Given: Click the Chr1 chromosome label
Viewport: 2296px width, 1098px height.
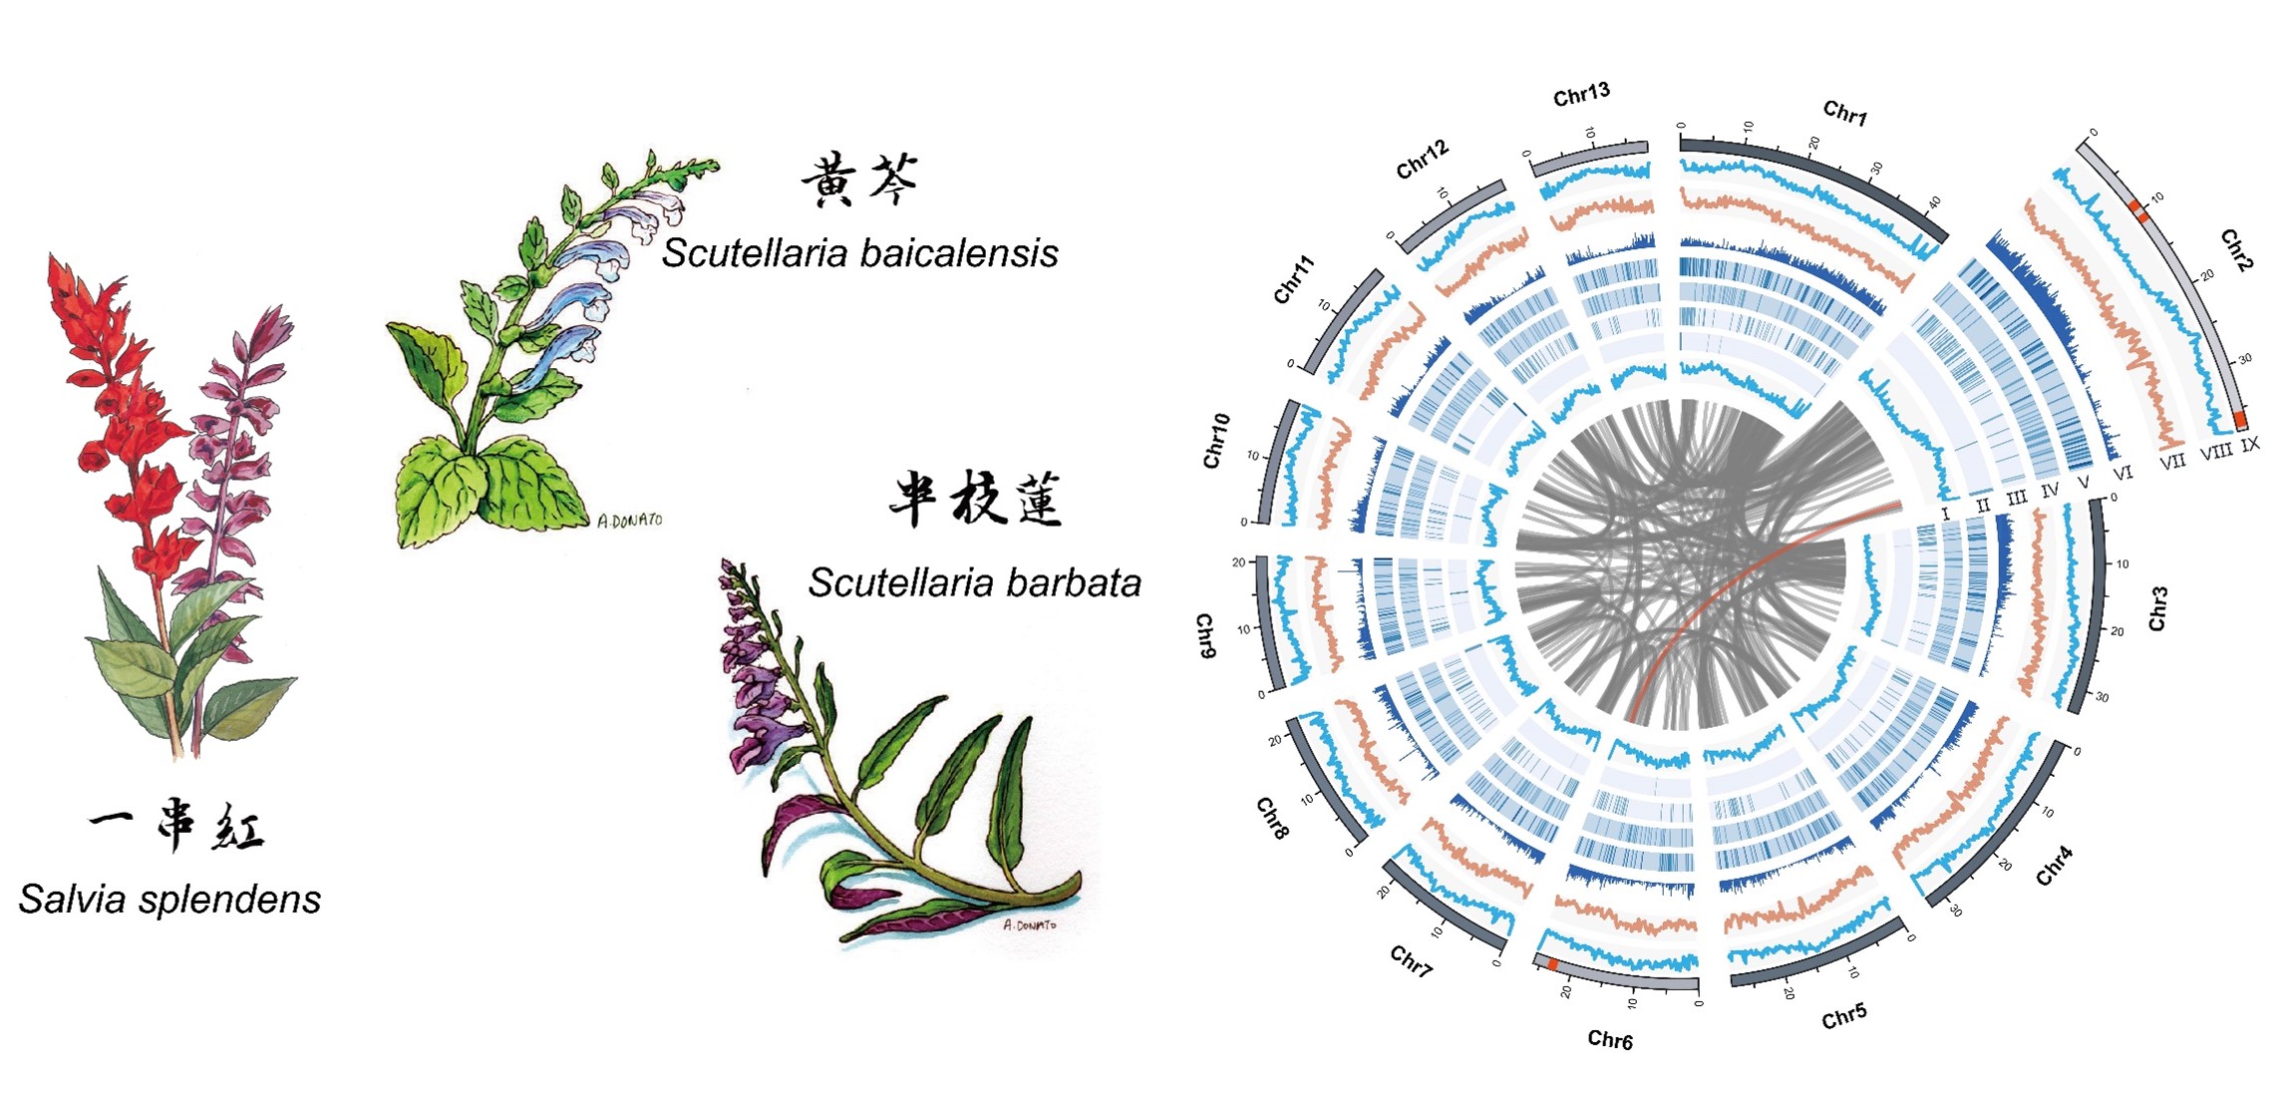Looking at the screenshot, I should point(1844,113).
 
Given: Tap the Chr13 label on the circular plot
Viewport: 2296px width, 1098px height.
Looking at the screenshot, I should point(1581,94).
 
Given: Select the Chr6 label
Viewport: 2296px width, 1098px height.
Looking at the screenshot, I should point(1609,1040).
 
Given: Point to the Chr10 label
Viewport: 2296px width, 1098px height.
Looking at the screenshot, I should point(1215,441).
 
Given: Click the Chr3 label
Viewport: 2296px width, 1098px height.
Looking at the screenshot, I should point(2157,608).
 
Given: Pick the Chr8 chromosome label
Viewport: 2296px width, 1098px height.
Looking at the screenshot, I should point(1272,818).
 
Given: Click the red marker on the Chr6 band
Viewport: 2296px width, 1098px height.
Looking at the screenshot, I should point(1552,964).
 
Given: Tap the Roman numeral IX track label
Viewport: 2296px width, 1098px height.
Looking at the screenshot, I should point(2250,445).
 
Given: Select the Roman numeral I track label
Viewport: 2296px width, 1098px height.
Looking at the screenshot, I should point(1945,514).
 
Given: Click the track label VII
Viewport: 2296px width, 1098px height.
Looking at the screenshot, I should point(2172,461).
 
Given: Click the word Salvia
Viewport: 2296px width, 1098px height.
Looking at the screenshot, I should point(73,900).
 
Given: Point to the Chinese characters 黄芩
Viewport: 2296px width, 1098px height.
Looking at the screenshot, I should point(859,180).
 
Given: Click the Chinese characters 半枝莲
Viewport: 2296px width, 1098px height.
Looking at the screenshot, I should point(975,499).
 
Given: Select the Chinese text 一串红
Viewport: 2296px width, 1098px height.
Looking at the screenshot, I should point(176,826).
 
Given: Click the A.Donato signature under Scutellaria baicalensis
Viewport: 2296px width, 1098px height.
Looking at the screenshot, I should point(629,520).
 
